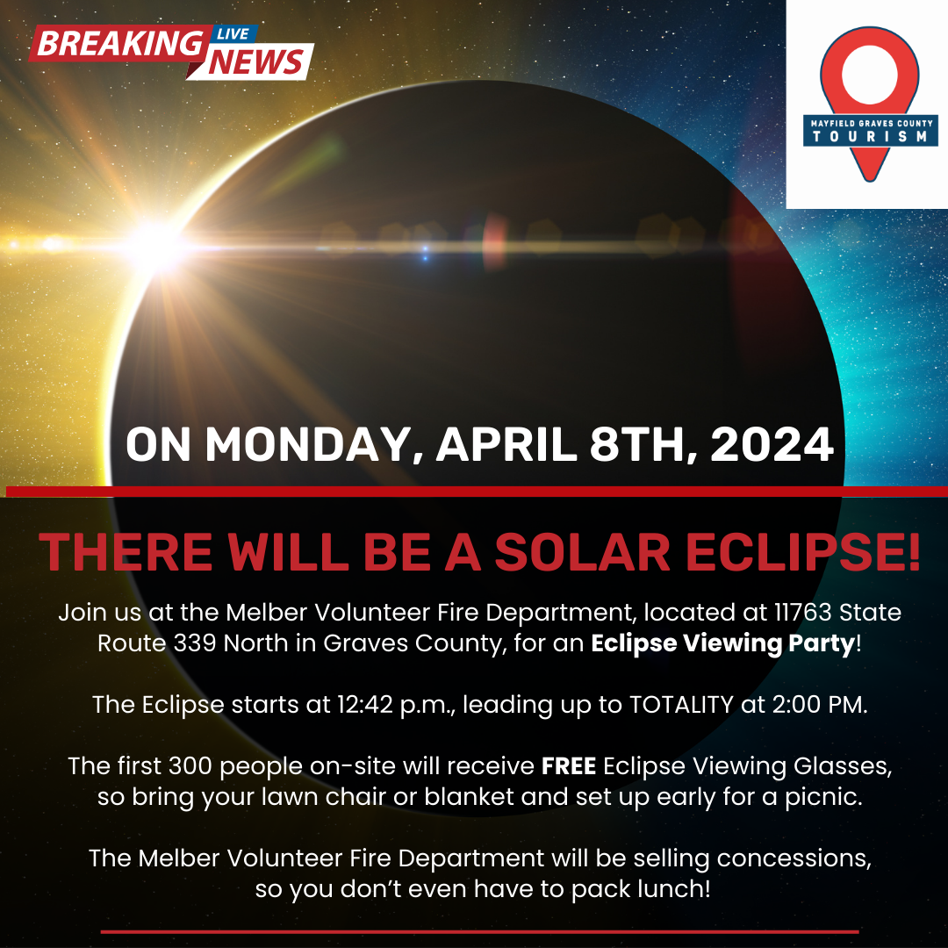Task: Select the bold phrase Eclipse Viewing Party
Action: pyautogui.click(x=722, y=643)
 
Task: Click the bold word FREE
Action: pyautogui.click(x=569, y=766)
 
